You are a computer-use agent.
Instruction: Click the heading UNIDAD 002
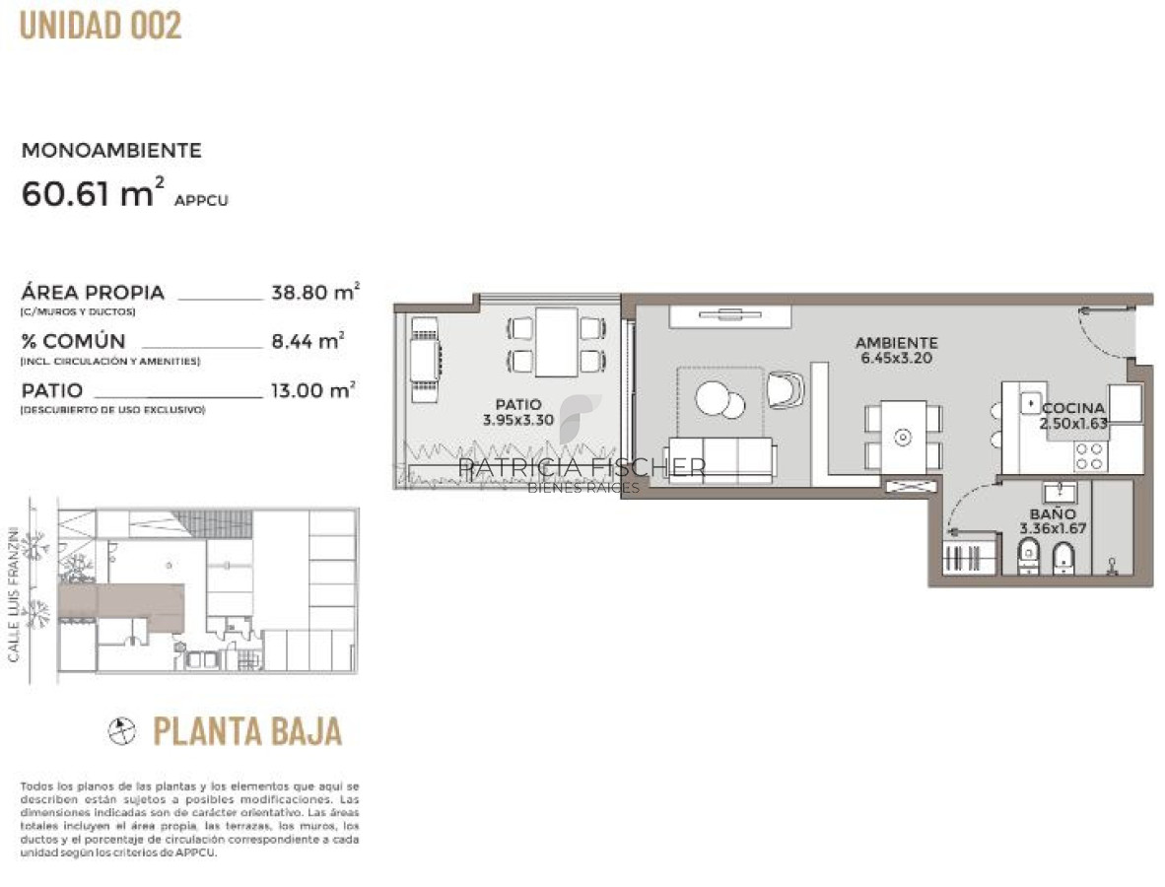pyautogui.click(x=101, y=26)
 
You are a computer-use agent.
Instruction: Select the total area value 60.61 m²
pyautogui.click(x=89, y=193)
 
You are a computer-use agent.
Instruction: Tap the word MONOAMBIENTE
pyautogui.click(x=111, y=151)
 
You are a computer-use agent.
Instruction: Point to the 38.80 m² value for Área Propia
pyautogui.click(x=314, y=293)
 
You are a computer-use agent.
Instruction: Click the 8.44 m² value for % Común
pyautogui.click(x=307, y=341)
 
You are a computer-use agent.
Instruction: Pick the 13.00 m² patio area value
pyautogui.click(x=312, y=390)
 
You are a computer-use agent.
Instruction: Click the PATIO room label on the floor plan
pyautogui.click(x=518, y=404)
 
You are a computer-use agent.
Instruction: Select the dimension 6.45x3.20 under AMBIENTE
pyautogui.click(x=896, y=358)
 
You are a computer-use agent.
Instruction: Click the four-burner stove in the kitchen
pyautogui.click(x=1089, y=456)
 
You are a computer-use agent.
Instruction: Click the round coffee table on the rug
pyautogui.click(x=719, y=399)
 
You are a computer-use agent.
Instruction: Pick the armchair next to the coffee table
pyautogui.click(x=786, y=388)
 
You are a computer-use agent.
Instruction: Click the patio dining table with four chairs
pyautogui.click(x=557, y=342)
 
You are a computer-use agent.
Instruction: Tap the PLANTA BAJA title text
pyautogui.click(x=247, y=731)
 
